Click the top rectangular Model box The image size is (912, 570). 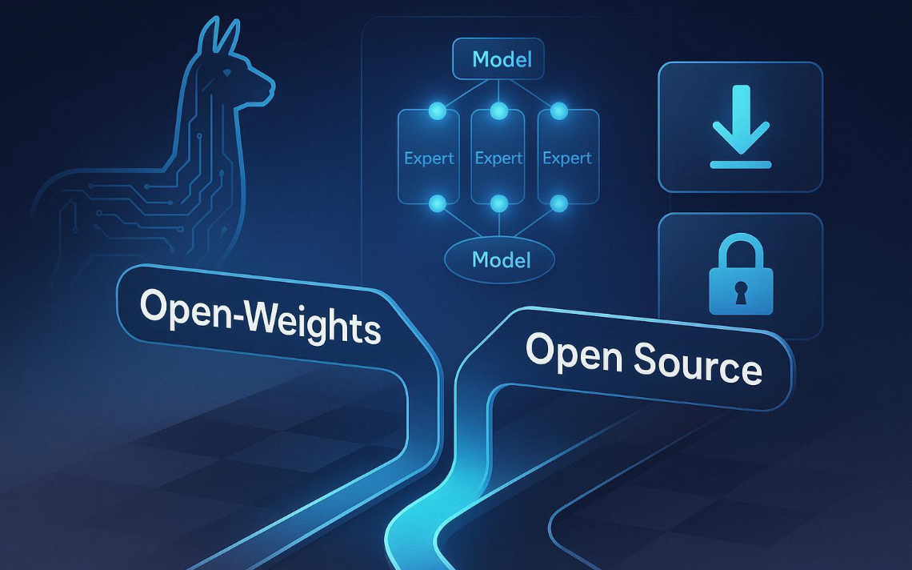pyautogui.click(x=498, y=58)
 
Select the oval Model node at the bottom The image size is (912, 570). pyautogui.click(x=500, y=259)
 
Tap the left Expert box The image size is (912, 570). pyautogui.click(x=429, y=157)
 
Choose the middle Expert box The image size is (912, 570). pyautogui.click(x=498, y=157)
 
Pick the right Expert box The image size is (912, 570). pyautogui.click(x=568, y=157)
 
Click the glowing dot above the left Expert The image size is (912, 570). pyautogui.click(x=438, y=110)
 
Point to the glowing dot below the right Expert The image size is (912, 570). pyautogui.click(x=559, y=203)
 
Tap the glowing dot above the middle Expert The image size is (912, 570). pyautogui.click(x=498, y=110)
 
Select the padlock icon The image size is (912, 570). pyautogui.click(x=741, y=275)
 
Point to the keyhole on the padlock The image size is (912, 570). pyautogui.click(x=741, y=292)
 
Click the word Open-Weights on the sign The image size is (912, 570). pyautogui.click(x=260, y=316)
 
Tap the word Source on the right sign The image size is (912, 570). pyautogui.click(x=698, y=363)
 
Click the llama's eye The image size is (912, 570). pyautogui.click(x=226, y=73)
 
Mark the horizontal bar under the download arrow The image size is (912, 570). pyautogui.click(x=741, y=165)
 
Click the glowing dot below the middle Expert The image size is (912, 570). pyautogui.click(x=498, y=203)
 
